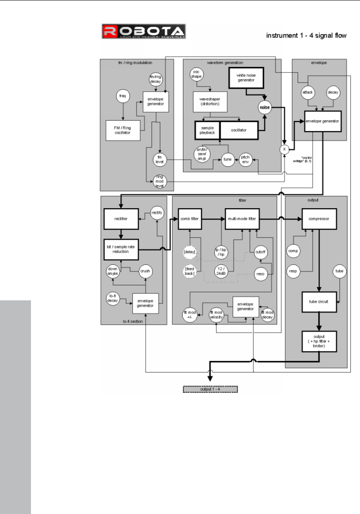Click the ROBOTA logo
click(x=144, y=32)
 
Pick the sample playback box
click(x=208, y=130)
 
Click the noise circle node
click(x=265, y=108)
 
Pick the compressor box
click(x=319, y=218)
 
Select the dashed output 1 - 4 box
click(x=211, y=389)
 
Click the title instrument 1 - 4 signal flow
click(x=306, y=36)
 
